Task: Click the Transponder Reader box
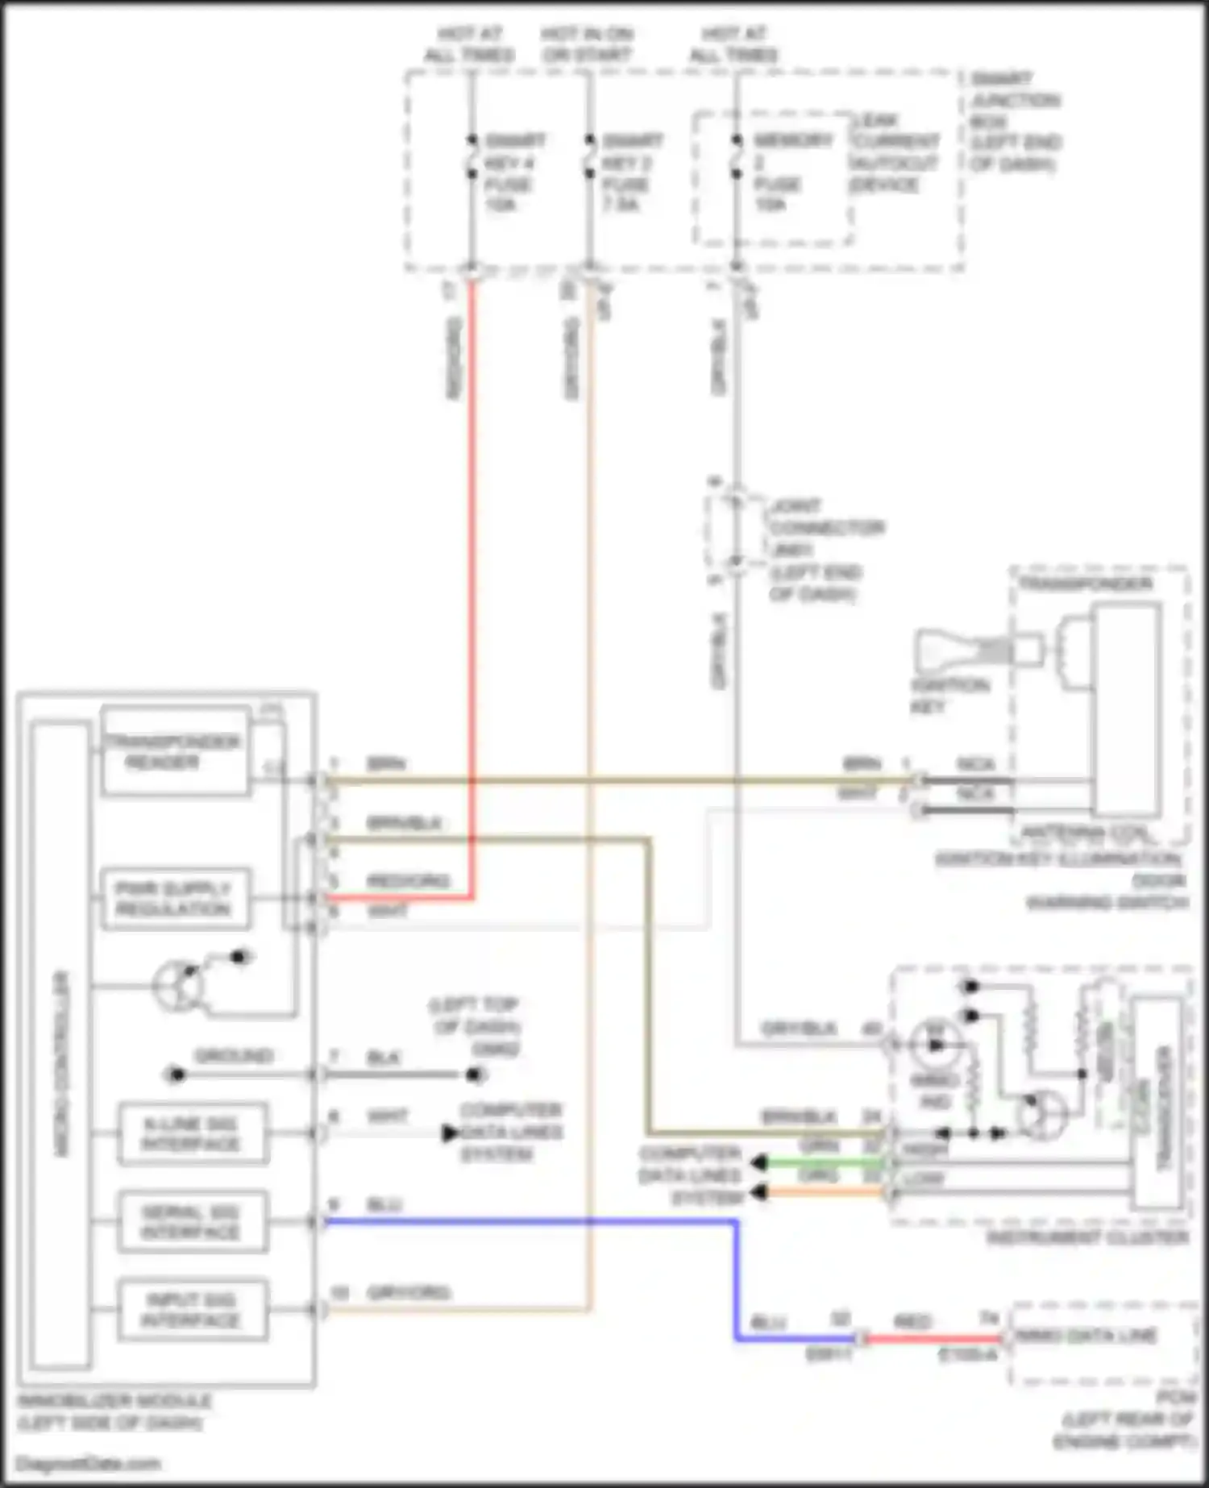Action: (175, 752)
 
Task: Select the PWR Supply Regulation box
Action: (175, 899)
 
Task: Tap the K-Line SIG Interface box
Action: (193, 1134)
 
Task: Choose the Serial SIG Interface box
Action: (193, 1222)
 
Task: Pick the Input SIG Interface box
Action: (193, 1310)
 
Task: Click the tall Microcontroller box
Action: (60, 1048)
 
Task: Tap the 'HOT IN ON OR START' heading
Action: (587, 44)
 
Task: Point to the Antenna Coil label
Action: (1084, 832)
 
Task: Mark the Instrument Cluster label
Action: (1088, 1237)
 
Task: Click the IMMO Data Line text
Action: (1086, 1336)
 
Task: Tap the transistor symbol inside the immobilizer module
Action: (177, 985)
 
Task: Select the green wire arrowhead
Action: (758, 1162)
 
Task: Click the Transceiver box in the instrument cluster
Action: (1161, 1104)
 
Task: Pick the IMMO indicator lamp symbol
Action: (934, 1045)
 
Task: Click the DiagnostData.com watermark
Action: (89, 1464)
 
